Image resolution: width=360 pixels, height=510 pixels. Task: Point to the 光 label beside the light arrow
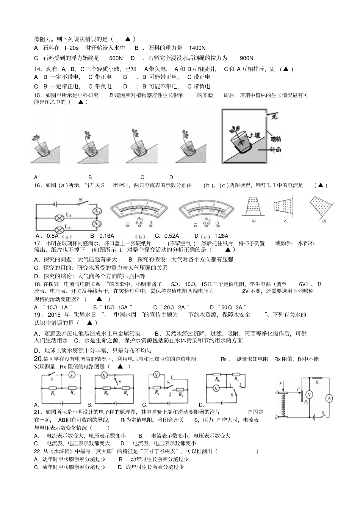(x=274, y=116)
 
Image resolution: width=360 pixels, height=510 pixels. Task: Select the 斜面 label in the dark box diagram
(x=275, y=150)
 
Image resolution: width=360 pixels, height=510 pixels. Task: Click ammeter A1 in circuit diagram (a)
(x=97, y=211)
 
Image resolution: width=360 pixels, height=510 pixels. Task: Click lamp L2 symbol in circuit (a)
(x=59, y=229)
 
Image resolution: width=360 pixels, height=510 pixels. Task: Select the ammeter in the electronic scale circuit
(x=329, y=398)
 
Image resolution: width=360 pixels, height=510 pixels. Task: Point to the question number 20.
(x=38, y=359)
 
